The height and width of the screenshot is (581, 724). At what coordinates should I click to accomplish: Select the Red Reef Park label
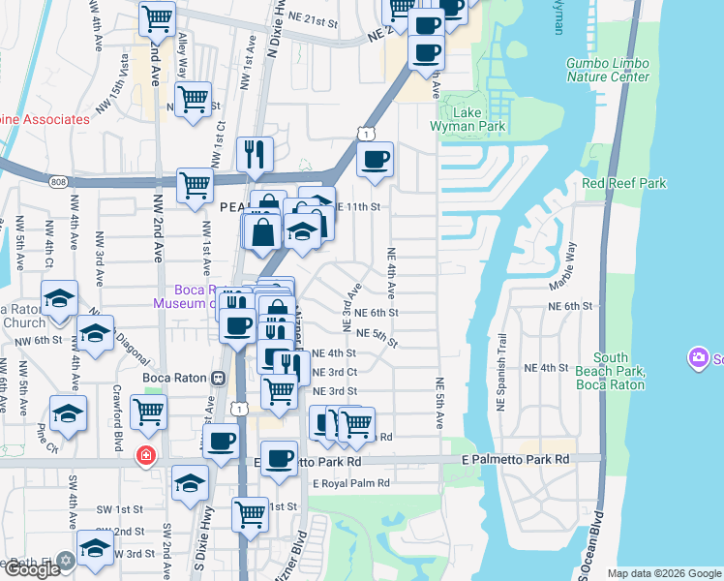(x=624, y=183)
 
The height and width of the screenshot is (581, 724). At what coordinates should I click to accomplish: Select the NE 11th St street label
(x=357, y=207)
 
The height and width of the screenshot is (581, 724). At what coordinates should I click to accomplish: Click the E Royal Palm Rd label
(x=350, y=483)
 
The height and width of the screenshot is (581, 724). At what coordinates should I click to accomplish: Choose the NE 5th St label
(x=377, y=334)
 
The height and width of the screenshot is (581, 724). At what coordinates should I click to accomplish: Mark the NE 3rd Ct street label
(x=335, y=372)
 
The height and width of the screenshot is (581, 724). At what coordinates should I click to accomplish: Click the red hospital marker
(x=146, y=455)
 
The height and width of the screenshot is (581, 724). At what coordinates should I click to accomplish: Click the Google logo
(x=32, y=569)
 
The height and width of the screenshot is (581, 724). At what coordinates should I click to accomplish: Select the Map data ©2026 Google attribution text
(x=662, y=573)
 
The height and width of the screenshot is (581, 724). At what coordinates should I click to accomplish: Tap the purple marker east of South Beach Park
(x=698, y=359)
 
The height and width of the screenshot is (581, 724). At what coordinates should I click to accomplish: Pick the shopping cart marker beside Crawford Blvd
(x=148, y=411)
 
